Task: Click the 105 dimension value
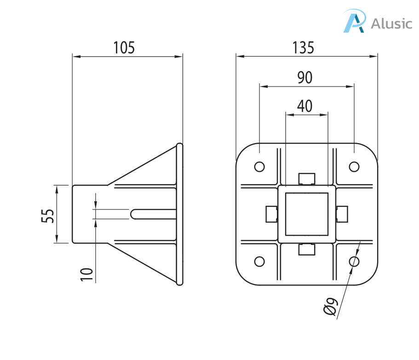(x=125, y=47)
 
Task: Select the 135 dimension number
(x=304, y=47)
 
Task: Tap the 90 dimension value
(x=304, y=78)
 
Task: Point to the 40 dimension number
(x=304, y=106)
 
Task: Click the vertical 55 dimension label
(x=48, y=215)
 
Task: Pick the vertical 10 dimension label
(x=87, y=272)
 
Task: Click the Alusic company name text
(x=391, y=23)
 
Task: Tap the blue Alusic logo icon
(x=355, y=21)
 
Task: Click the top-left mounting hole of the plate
(x=259, y=166)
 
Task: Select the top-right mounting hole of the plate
(x=354, y=166)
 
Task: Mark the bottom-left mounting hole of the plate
(x=259, y=261)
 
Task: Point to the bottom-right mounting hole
(x=354, y=261)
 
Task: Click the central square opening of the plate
(x=307, y=214)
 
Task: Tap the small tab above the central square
(x=307, y=178)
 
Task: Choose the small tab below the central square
(x=307, y=249)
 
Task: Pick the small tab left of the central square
(x=271, y=214)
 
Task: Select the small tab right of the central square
(x=342, y=214)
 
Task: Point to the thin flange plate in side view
(x=180, y=214)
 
